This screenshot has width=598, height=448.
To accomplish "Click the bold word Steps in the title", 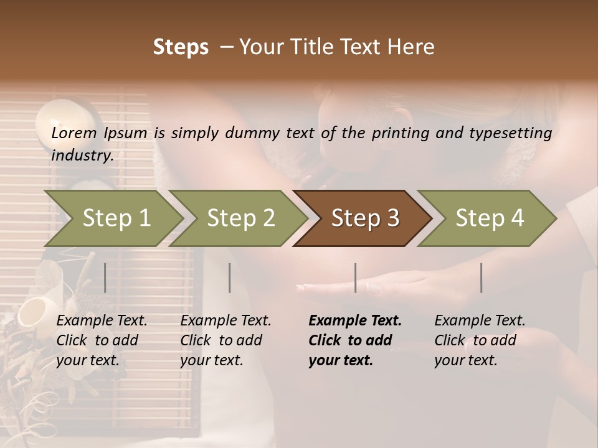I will (x=181, y=47).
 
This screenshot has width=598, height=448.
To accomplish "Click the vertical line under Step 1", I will (x=105, y=278).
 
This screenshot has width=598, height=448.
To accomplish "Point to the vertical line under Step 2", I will (x=230, y=278).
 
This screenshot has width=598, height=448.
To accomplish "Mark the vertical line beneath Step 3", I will (x=355, y=278).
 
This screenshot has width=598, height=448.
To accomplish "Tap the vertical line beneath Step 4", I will (x=481, y=278).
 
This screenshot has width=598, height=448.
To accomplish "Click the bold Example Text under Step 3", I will (x=355, y=321).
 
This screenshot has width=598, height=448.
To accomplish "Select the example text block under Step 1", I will (x=102, y=340).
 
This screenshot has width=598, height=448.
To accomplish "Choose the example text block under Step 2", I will (x=225, y=340).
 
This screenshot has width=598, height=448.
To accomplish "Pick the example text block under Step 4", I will (x=480, y=340).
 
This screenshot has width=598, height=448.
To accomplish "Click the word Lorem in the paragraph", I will (x=74, y=133).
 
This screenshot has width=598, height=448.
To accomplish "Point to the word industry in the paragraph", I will (x=82, y=156).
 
